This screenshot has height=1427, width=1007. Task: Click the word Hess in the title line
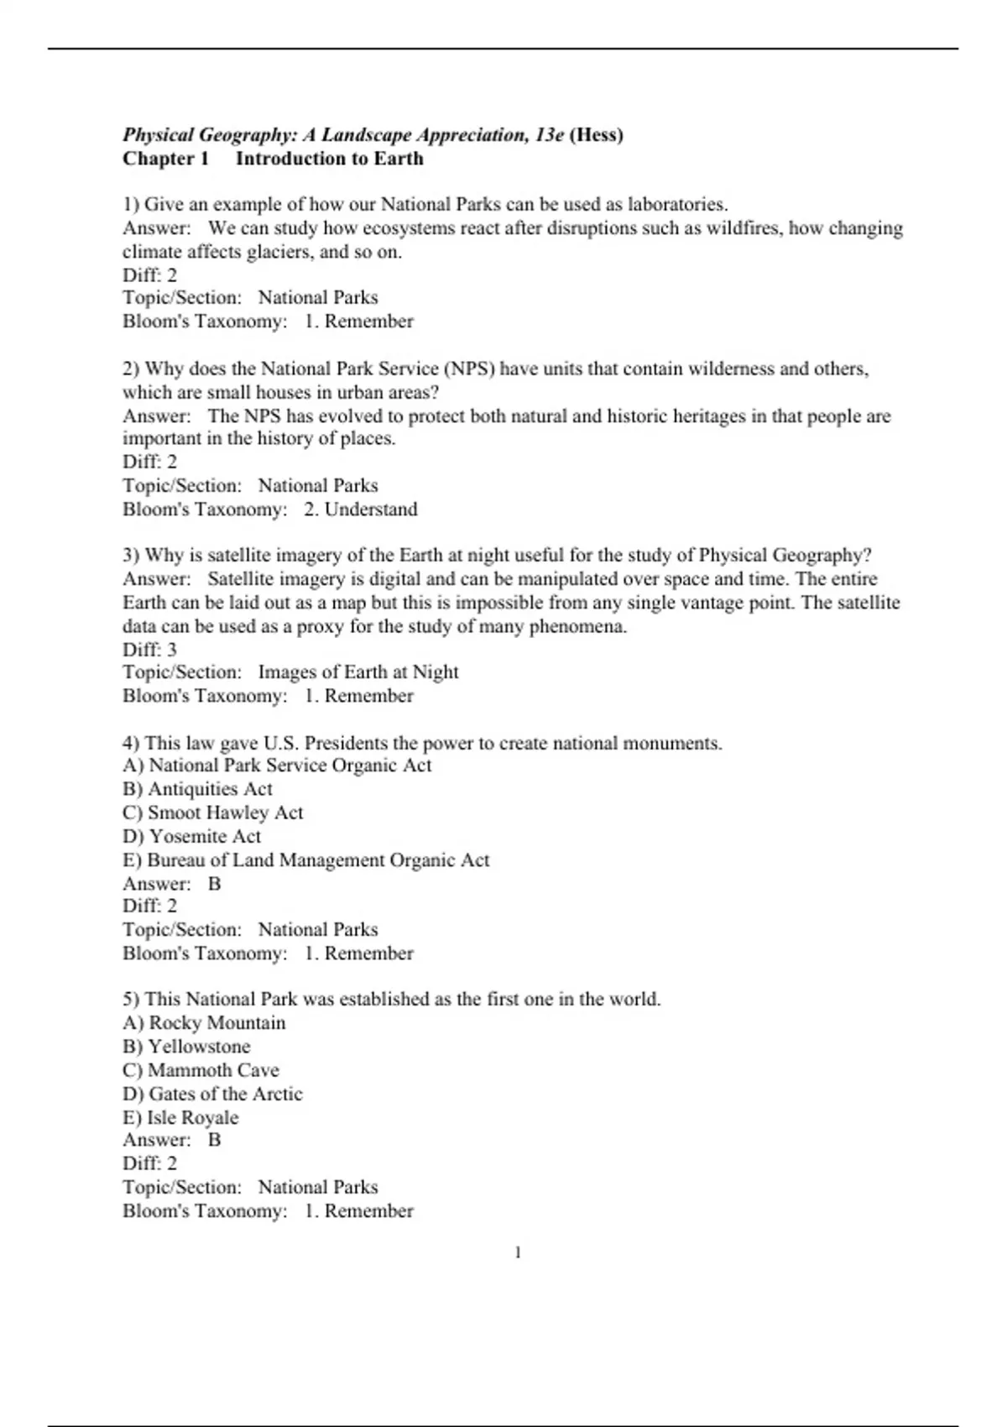pos(597,135)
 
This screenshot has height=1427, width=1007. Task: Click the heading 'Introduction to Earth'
pos(329,159)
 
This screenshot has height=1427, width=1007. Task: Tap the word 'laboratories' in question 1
pos(676,204)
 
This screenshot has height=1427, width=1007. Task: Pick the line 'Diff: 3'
pos(150,650)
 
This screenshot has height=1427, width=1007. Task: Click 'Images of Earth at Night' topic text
pos(358,672)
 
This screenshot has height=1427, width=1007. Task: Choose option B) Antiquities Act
pos(197,789)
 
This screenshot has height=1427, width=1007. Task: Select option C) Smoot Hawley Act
pos(212,813)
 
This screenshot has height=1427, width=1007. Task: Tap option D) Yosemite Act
pos(192,836)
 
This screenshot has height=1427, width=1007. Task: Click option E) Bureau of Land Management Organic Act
pos(305,860)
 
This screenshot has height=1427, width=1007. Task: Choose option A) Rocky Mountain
pos(204,1022)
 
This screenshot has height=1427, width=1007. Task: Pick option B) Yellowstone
pos(186,1047)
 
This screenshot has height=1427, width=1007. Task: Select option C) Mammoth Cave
pos(201,1070)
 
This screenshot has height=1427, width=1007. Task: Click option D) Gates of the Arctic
pos(212,1094)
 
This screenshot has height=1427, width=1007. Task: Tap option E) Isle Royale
pos(180,1117)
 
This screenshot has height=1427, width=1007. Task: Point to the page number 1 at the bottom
pos(518,1252)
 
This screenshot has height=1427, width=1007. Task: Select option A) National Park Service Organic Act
pos(277,766)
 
